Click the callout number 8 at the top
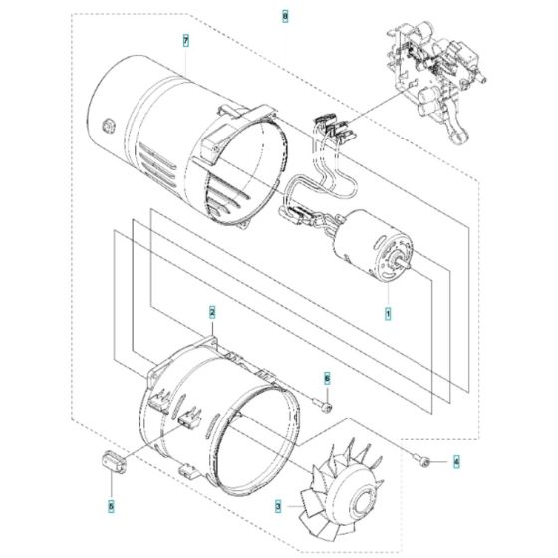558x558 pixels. [x=285, y=17]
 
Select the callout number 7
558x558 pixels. [x=186, y=40]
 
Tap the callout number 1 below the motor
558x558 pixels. [x=389, y=313]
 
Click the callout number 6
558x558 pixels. [x=325, y=378]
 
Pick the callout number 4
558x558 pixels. [x=457, y=461]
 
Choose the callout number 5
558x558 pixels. [x=111, y=506]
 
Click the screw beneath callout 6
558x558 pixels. [x=324, y=402]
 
